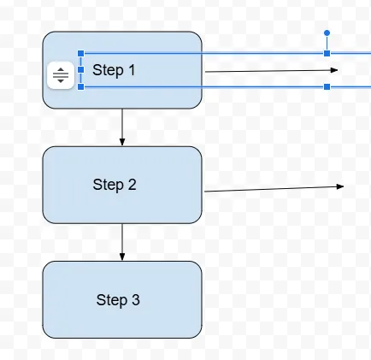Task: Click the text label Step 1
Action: [114, 70]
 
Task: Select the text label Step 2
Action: [115, 185]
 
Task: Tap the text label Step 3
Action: [118, 300]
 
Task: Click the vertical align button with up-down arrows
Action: [61, 75]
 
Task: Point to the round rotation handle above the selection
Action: [327, 33]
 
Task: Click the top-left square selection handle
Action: [81, 53]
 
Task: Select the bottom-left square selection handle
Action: [81, 86]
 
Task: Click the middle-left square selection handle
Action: [81, 70]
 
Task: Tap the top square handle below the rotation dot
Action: [327, 53]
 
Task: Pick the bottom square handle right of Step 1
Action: [327, 86]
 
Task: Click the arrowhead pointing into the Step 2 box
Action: [122, 142]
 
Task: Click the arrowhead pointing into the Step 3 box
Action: [122, 257]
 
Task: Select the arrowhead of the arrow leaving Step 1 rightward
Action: [334, 70]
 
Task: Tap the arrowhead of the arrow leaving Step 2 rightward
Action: [340, 186]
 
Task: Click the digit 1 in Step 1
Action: [132, 70]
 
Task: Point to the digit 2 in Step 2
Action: [132, 185]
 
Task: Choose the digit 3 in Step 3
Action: [136, 299]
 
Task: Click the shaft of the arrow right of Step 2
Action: [271, 189]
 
